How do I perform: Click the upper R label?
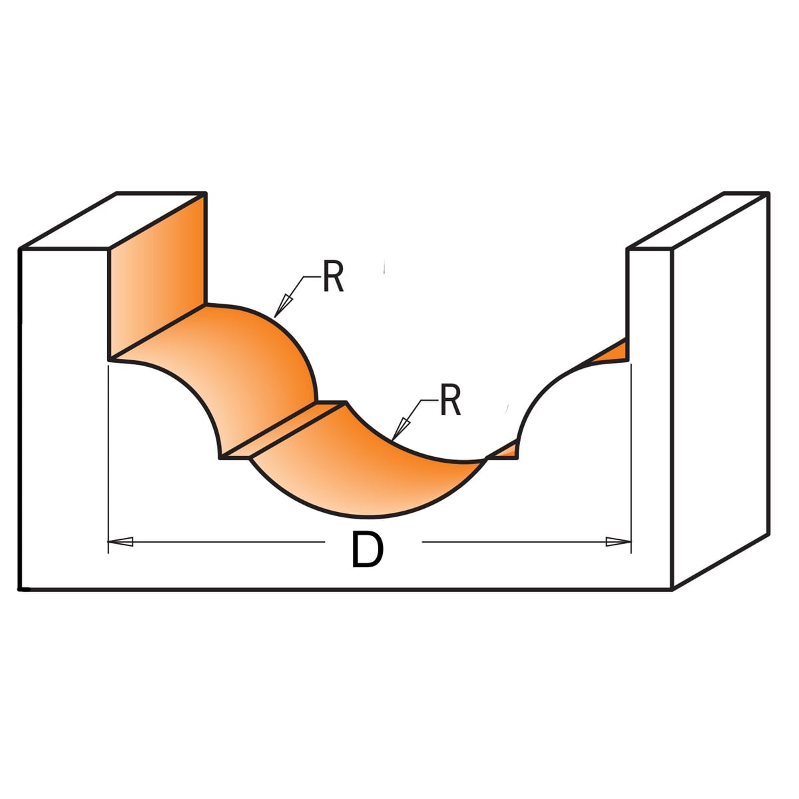pyautogui.click(x=333, y=276)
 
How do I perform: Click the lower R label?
pyautogui.click(x=450, y=400)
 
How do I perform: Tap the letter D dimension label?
pyautogui.click(x=367, y=550)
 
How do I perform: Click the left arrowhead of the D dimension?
pyautogui.click(x=121, y=541)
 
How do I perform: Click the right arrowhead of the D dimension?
pyautogui.click(x=618, y=541)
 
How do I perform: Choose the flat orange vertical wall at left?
pyautogui.click(x=156, y=277)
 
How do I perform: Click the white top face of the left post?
pyautogui.click(x=113, y=220)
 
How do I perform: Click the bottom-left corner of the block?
pyautogui.click(x=20, y=589)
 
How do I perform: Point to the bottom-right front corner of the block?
pyautogui.click(x=672, y=589)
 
